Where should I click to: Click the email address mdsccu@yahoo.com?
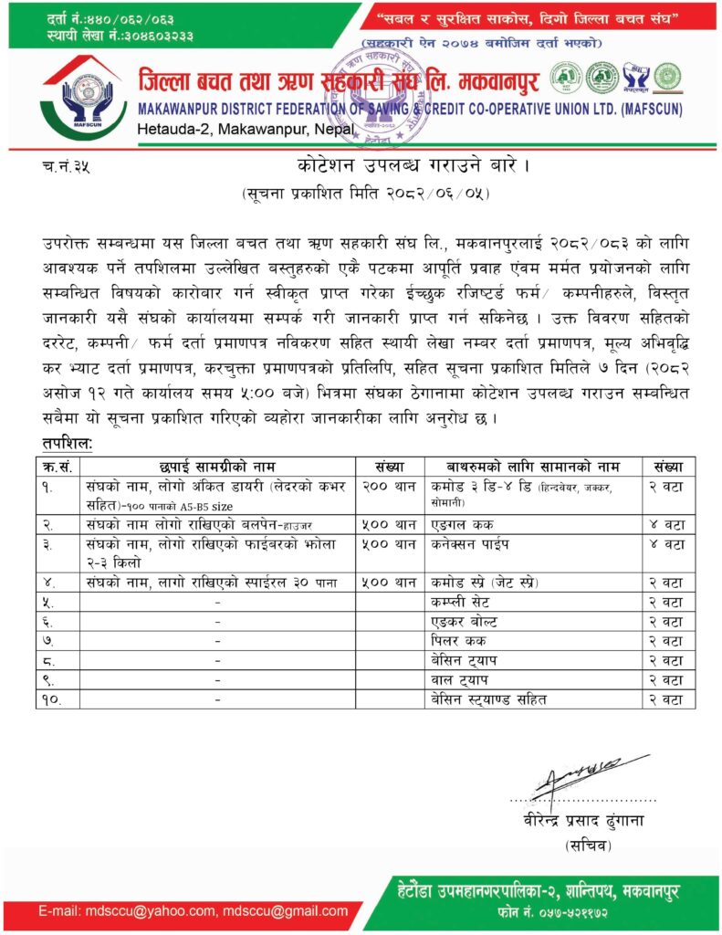154,910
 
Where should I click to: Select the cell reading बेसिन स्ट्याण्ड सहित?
488,699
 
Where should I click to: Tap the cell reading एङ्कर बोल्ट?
466,620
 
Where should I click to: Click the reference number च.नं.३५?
66,169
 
